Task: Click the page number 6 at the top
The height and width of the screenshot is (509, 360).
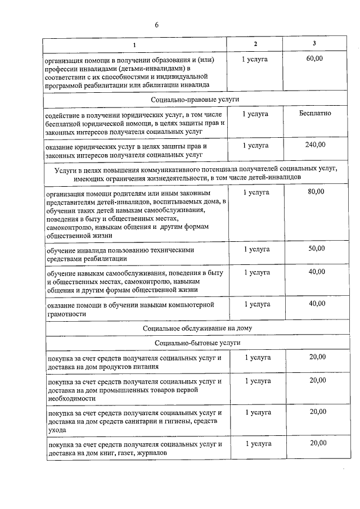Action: [157, 25]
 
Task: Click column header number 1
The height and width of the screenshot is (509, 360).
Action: [134, 44]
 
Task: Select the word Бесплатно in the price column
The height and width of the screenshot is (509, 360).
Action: [315, 113]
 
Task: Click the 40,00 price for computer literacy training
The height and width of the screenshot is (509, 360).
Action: [317, 303]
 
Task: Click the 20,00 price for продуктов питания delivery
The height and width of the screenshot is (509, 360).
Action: [317, 357]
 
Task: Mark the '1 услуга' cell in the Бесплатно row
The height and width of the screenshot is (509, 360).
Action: [255, 114]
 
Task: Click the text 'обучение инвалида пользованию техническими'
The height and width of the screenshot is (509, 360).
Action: [121, 249]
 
